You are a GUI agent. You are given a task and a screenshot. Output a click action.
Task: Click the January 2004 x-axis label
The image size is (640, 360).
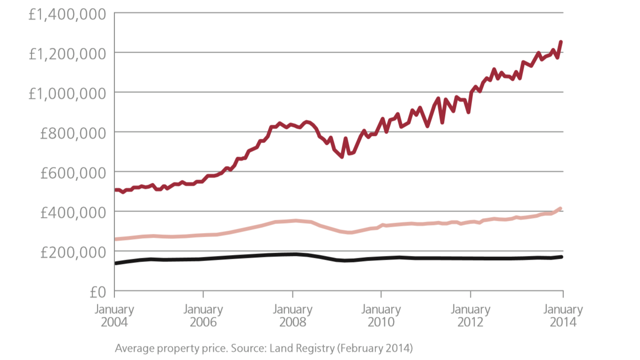point(114,316)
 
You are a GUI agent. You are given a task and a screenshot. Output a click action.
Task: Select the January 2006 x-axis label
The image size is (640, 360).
point(203,316)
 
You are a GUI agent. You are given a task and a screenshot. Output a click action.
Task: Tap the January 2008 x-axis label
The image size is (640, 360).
point(292,316)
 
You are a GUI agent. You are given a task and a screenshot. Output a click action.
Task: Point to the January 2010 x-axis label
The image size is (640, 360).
point(381,316)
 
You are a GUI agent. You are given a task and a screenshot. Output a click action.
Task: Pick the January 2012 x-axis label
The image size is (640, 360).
point(470,316)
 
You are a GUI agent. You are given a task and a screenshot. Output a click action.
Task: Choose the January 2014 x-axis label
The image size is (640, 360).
point(563,316)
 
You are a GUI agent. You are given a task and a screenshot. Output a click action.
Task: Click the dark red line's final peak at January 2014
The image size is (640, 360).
point(561,42)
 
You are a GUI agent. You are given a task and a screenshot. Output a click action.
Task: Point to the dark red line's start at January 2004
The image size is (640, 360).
point(116,190)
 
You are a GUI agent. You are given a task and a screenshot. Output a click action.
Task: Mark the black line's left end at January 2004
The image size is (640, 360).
point(116,263)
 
